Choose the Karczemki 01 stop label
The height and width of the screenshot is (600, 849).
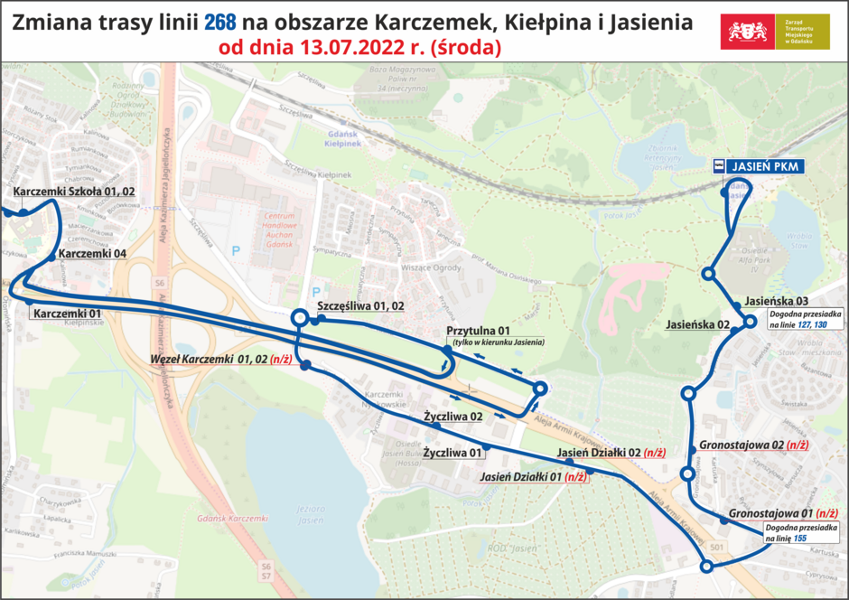point(67,314)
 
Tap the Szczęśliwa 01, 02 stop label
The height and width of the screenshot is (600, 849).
point(359,306)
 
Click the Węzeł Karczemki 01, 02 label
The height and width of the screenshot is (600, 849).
point(220,360)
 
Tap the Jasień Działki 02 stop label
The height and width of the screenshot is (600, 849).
point(611,453)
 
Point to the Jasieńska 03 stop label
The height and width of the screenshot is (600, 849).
point(770,302)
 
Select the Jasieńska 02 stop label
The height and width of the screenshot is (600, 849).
point(698,323)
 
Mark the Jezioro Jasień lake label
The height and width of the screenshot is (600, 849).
point(309,514)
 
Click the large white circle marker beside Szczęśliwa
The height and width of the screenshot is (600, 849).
point(299,318)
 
